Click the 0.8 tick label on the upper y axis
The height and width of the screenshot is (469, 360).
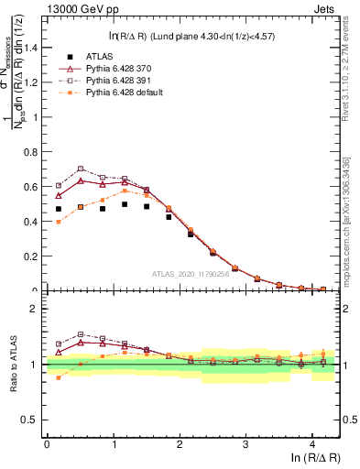[31, 151]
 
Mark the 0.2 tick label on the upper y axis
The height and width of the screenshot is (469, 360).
[31, 256]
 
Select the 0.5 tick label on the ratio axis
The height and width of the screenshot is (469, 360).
[31, 420]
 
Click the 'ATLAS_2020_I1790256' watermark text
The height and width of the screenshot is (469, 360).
[191, 273]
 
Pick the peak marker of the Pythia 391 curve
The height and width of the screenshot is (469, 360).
[81, 169]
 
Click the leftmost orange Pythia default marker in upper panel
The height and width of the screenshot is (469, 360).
[59, 222]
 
